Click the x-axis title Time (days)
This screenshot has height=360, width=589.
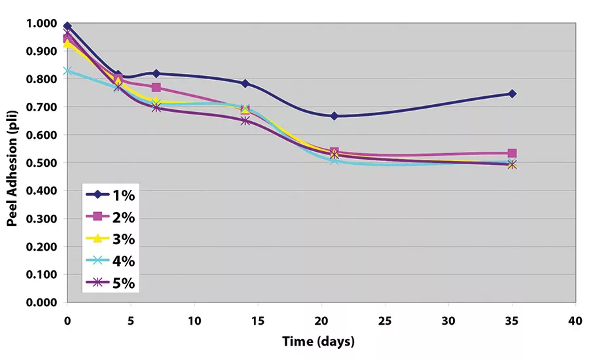point(319,341)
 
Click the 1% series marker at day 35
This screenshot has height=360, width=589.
point(512,94)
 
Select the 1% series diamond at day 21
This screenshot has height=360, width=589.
point(334,116)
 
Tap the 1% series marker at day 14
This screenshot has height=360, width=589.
point(245,83)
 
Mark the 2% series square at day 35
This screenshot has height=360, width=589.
point(512,153)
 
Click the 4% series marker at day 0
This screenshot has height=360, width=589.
point(67,71)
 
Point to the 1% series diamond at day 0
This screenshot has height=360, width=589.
point(67,26)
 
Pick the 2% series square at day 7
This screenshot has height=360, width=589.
point(156,88)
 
